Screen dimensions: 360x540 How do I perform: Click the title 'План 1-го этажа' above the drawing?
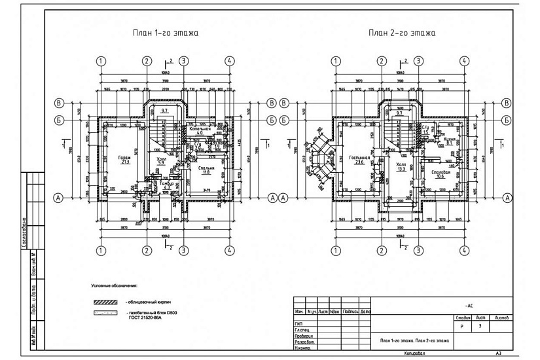[164, 32]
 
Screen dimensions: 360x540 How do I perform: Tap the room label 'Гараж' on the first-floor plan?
[125, 158]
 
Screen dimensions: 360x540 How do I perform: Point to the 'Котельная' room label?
[200, 130]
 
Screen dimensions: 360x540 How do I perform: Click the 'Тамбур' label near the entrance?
[167, 184]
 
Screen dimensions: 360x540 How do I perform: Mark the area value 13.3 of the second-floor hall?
[401, 170]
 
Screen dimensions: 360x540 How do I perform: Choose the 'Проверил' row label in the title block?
[304, 336]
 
